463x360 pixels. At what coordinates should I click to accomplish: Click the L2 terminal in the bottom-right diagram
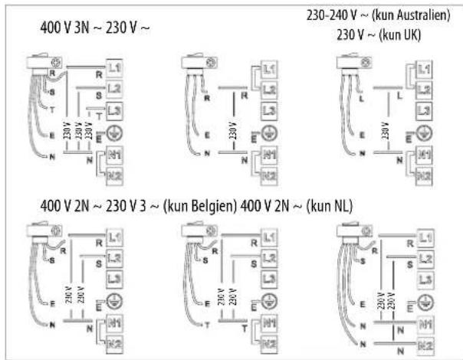pos(417,258)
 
